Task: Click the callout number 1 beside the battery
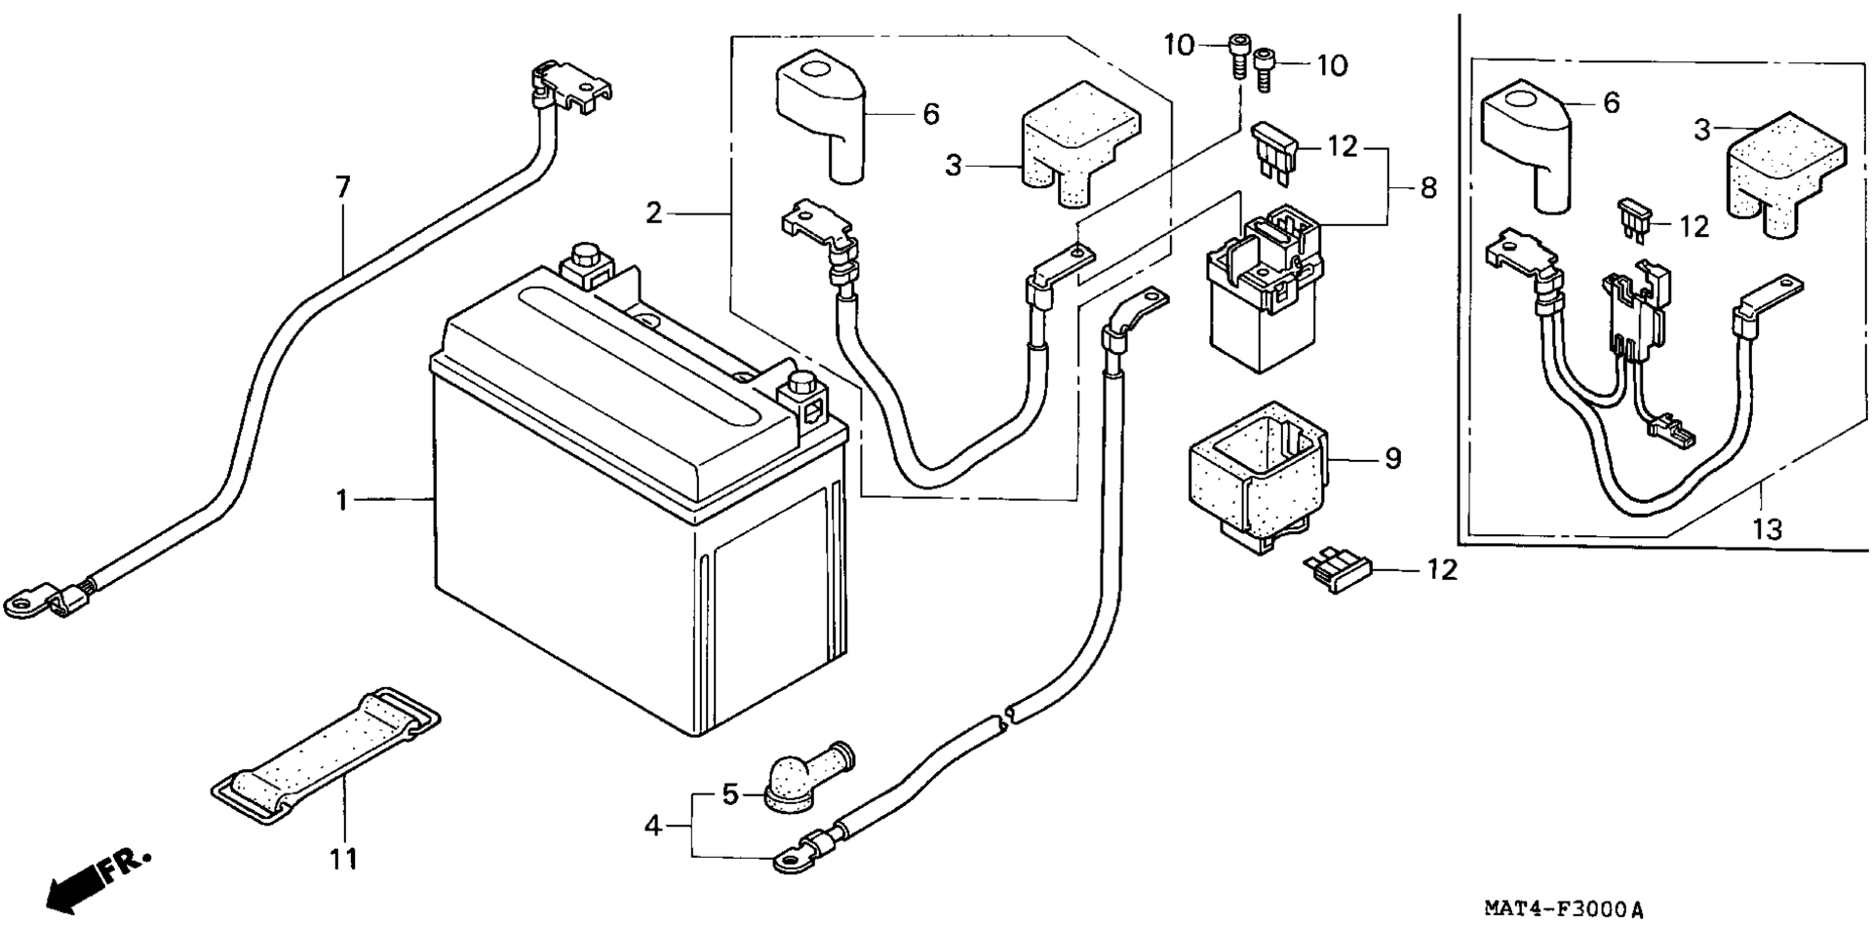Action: (x=341, y=500)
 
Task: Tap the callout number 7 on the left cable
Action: (x=342, y=187)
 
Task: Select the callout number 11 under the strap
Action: (x=343, y=859)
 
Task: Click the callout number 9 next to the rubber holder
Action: (x=1392, y=457)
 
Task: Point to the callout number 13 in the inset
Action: (x=1767, y=529)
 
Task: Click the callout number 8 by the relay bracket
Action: (x=1428, y=187)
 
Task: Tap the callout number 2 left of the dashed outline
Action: (x=653, y=212)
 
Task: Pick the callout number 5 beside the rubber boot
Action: (x=731, y=794)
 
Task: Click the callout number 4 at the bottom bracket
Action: (x=653, y=827)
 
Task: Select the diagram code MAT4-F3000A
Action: (x=1564, y=910)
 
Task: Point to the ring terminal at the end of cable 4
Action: (x=790, y=860)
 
